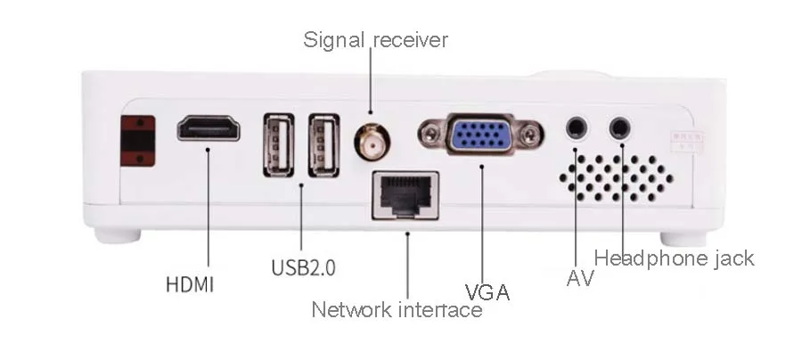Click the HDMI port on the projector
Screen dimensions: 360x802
tap(209, 128)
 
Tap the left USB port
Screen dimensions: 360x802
tap(278, 144)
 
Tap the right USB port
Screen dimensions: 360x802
tap(323, 144)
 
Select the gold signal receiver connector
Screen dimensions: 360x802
tap(372, 141)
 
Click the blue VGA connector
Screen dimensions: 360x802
tap(481, 136)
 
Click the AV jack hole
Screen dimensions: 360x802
tap(578, 128)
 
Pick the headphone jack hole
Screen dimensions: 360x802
tap(620, 128)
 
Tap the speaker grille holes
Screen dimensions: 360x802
tap(616, 176)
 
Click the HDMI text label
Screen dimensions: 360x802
tap(190, 286)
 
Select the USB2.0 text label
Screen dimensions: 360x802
tap(303, 266)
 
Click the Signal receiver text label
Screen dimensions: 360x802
tap(375, 40)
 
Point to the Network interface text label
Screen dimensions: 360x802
tap(397, 310)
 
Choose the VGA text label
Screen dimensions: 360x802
tap(487, 292)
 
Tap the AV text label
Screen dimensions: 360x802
tap(580, 279)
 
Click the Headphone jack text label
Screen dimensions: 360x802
tap(674, 258)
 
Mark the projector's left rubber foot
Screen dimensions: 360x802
tap(118, 236)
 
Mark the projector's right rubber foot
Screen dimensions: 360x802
tap(683, 238)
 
